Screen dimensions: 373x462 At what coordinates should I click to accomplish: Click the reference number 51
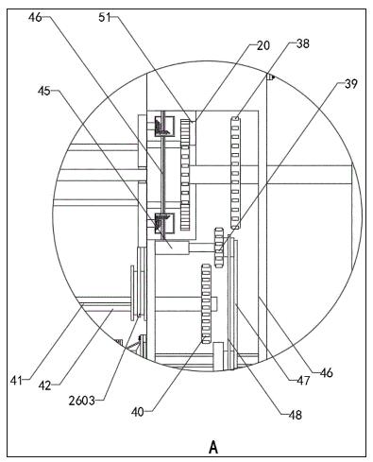coord(105,17)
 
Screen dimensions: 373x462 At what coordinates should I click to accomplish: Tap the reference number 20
coord(263,45)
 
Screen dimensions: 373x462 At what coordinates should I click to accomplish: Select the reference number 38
coord(303,43)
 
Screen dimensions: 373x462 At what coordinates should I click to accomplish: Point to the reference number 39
coord(351,84)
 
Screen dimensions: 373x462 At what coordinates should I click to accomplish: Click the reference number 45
coord(44,91)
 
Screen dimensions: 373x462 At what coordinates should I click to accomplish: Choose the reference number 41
coord(16,381)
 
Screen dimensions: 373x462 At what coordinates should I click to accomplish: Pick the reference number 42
coord(45,385)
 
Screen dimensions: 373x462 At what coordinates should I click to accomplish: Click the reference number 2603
coord(82,401)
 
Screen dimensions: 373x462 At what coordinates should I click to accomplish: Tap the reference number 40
coord(138,411)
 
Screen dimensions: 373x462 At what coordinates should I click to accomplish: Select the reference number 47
coord(303,381)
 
